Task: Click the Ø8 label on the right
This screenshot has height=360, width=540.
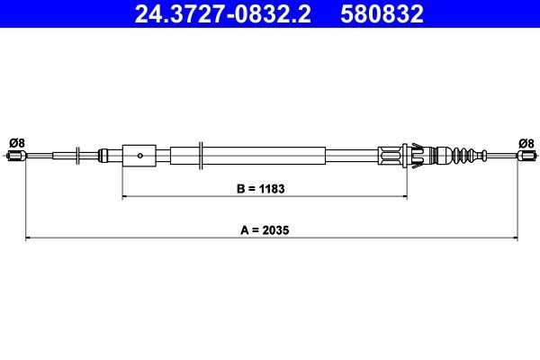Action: [526, 142]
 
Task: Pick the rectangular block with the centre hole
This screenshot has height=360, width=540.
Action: [139, 157]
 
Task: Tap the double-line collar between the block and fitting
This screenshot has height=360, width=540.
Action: [200, 157]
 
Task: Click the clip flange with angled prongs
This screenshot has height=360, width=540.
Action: [416, 157]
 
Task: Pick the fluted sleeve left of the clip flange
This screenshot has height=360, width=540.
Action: [392, 157]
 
